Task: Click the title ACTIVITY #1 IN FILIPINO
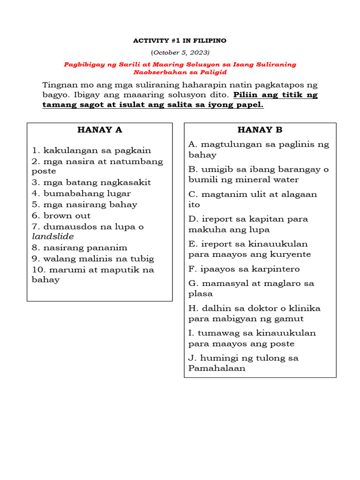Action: coord(180,41)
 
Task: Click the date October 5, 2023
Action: coord(180,52)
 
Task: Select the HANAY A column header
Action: coord(99,130)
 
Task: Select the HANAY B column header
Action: coord(260,130)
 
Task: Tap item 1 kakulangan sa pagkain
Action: coord(91,150)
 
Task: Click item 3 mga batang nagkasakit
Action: coord(91,182)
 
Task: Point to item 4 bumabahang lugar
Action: coord(82,193)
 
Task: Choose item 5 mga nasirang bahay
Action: coord(85,204)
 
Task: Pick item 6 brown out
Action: coord(61,216)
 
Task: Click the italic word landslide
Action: coord(52,237)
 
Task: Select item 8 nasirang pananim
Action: coord(80,247)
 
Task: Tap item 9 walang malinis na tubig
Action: coord(93,259)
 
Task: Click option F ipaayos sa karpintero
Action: coord(244,269)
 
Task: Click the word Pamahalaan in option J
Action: coord(217,368)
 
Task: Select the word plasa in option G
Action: coord(201,294)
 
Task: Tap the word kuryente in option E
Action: coord(293,255)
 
